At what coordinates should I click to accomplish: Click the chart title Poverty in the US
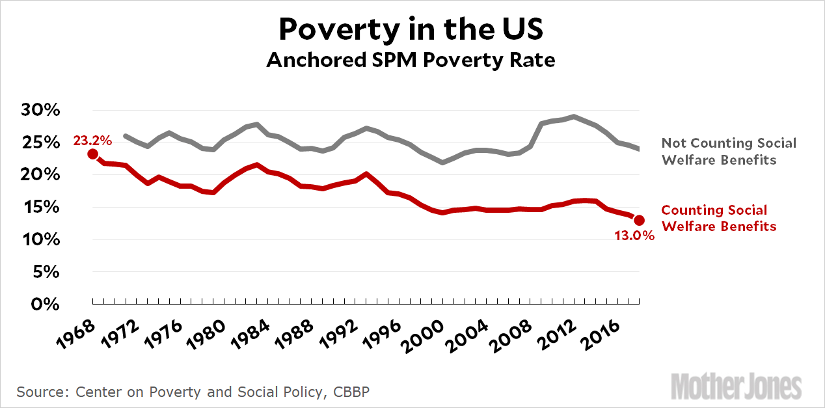[411, 29]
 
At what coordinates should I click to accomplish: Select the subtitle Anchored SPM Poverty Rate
[411, 61]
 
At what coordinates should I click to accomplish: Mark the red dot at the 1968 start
[93, 154]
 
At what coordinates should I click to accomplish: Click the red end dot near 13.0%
[639, 220]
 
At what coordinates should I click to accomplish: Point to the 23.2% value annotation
[93, 139]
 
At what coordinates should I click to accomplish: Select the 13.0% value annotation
[634, 236]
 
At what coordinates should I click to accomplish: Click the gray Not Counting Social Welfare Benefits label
[729, 151]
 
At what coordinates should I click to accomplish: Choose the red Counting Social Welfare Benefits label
[718, 218]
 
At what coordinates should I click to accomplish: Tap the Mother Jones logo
[736, 387]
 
